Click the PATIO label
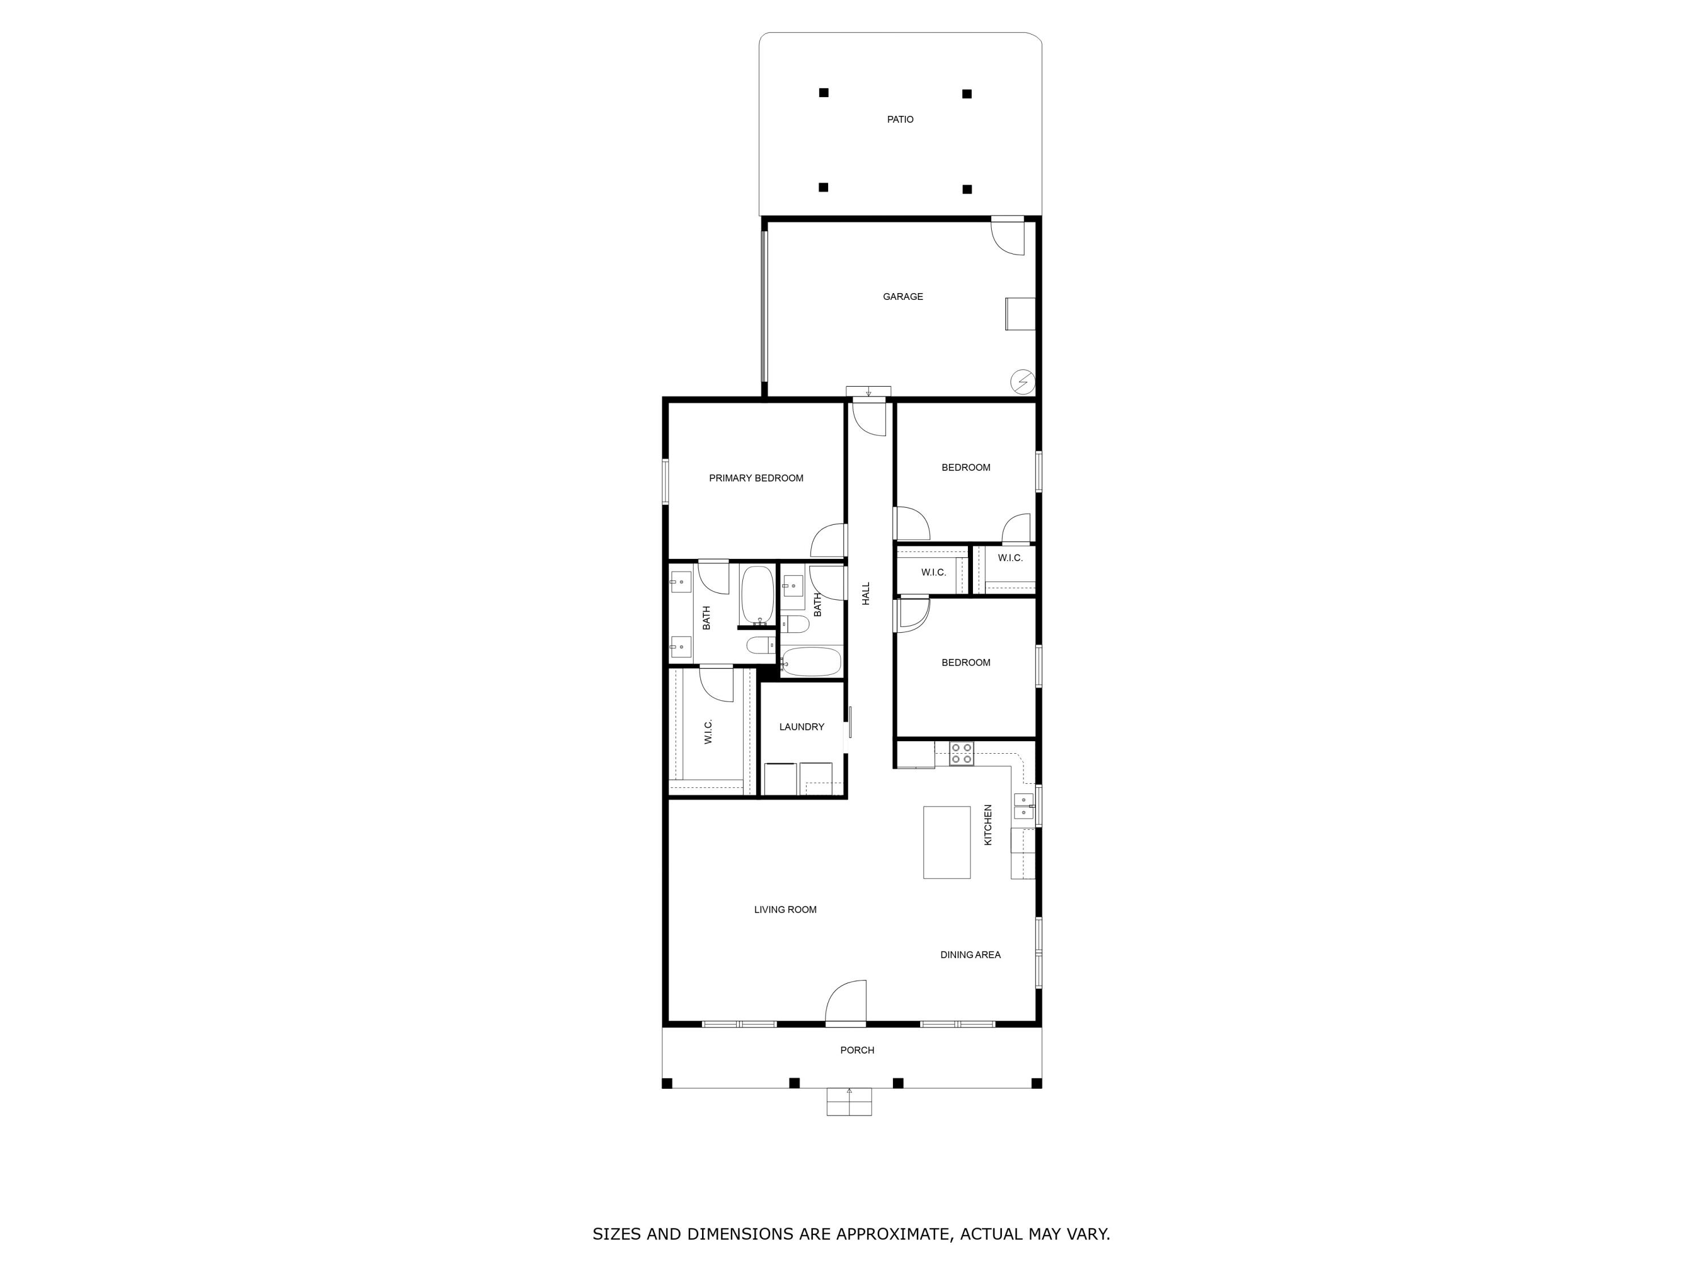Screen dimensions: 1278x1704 (x=900, y=119)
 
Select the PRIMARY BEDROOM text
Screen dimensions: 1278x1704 (x=755, y=478)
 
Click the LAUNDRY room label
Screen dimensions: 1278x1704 (x=801, y=726)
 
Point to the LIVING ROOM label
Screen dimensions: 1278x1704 (x=785, y=910)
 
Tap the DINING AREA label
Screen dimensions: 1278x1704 (x=970, y=954)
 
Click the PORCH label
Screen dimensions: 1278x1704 (x=857, y=1050)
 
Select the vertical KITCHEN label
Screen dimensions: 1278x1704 (x=988, y=825)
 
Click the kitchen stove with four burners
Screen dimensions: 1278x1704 (x=960, y=753)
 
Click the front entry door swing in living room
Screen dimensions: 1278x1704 (x=847, y=1003)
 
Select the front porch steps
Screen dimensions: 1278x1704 (x=849, y=1101)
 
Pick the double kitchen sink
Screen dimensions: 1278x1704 (x=1023, y=806)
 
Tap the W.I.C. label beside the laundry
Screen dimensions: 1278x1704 (x=708, y=731)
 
